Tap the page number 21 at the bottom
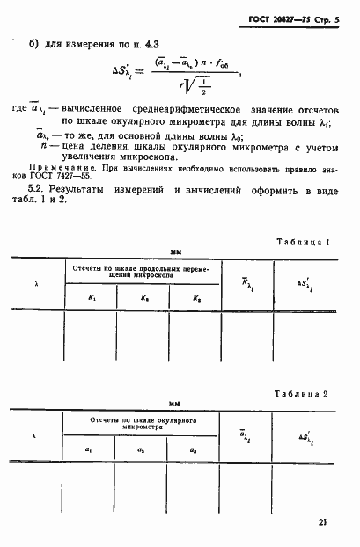tap(324, 521)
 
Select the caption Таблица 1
tap(302, 242)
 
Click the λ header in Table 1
tap(36, 284)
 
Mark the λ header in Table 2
tap(36, 435)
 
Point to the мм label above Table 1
tap(175, 252)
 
